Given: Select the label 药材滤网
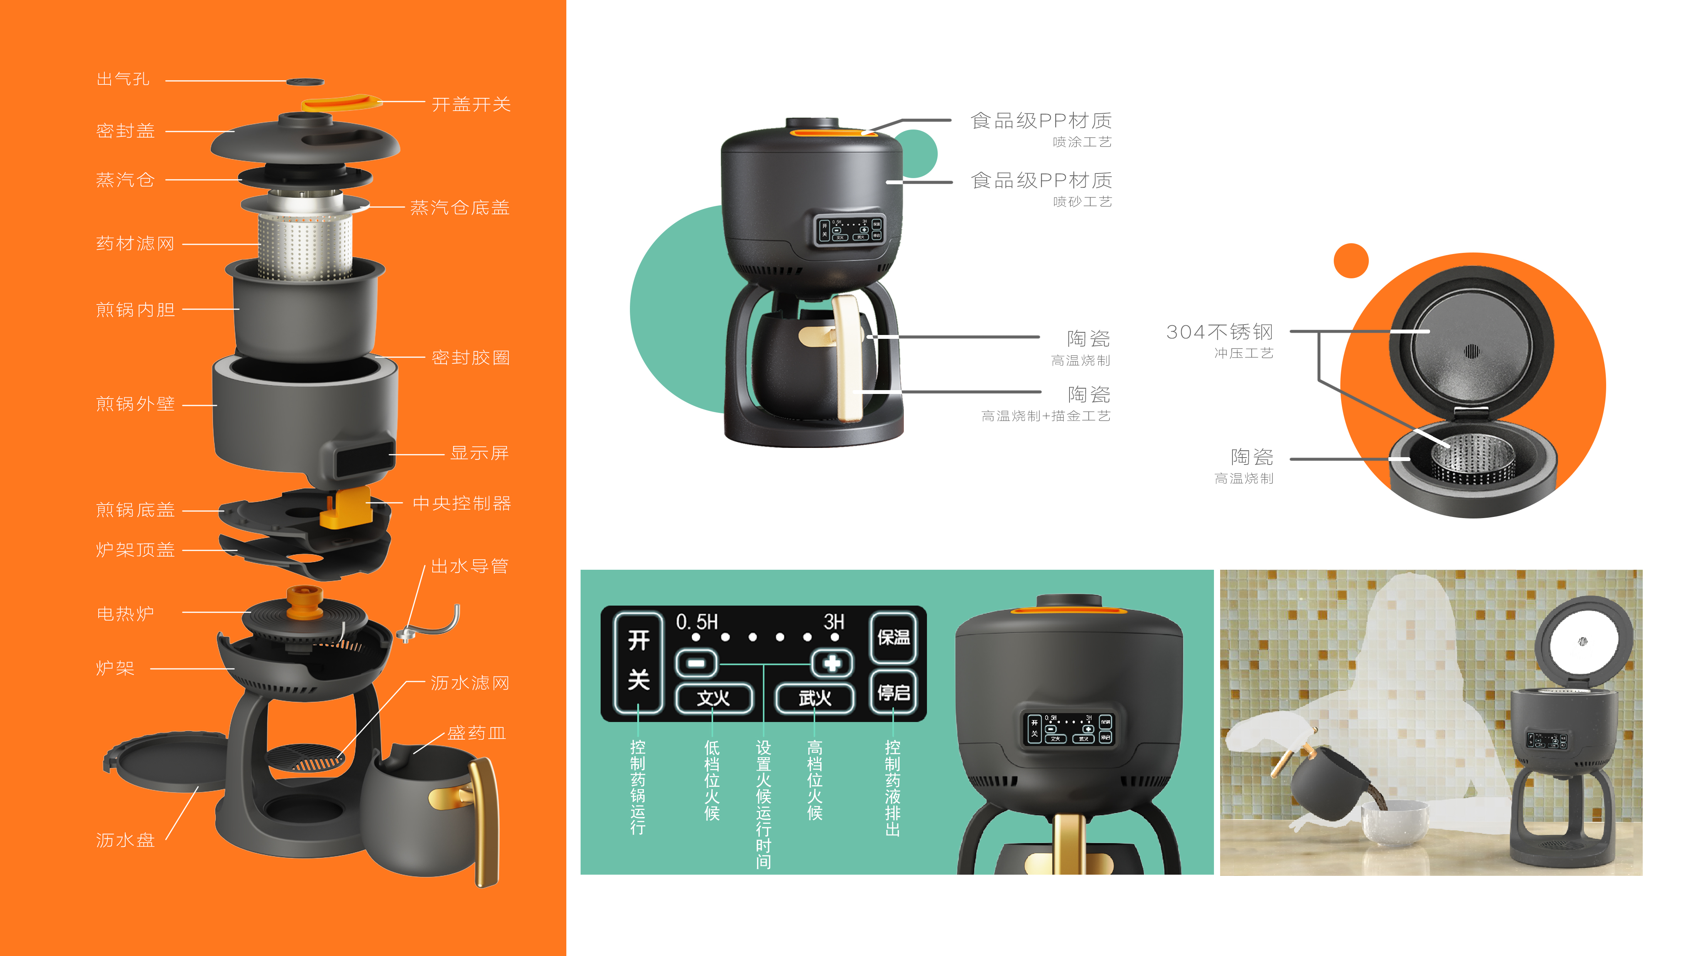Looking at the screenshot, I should [135, 244].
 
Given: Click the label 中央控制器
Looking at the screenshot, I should [462, 503].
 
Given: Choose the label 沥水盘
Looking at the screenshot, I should [125, 840].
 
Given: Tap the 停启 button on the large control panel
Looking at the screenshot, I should [893, 692].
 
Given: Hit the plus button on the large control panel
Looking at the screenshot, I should [832, 662].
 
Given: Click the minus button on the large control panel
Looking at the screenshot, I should [696, 662].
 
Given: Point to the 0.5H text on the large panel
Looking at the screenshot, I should [697, 621].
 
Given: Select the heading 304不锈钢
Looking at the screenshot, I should [1219, 332].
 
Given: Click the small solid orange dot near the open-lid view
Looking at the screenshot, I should [1351, 261].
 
